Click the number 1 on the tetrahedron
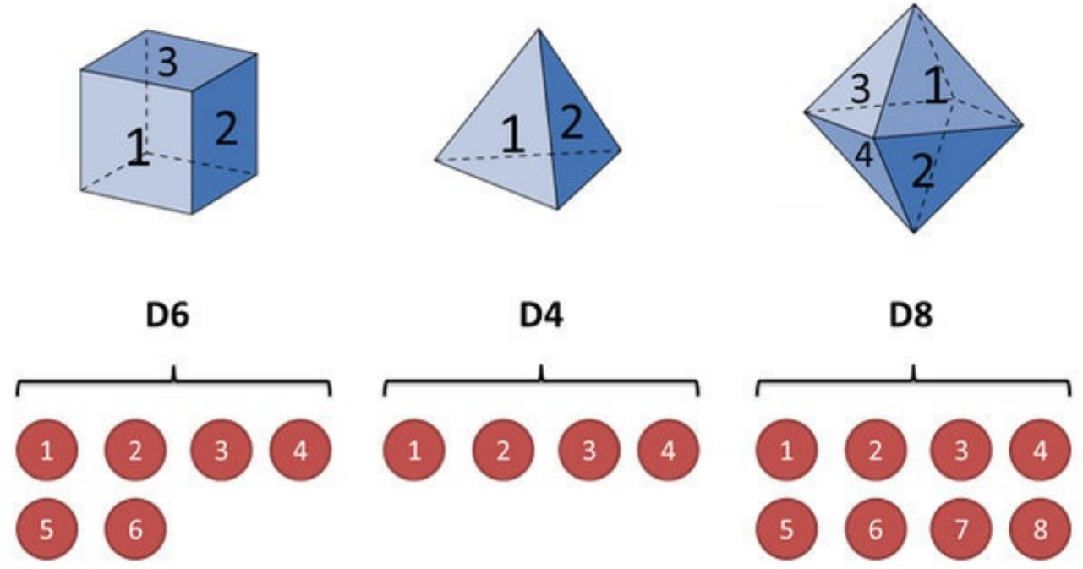coord(511,135)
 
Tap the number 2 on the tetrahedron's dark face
coord(572,123)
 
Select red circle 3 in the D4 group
coord(588,450)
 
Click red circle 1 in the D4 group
coord(414,450)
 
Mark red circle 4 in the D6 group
coord(300,450)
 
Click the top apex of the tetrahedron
coord(538,30)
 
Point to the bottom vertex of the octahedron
coord(913,232)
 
